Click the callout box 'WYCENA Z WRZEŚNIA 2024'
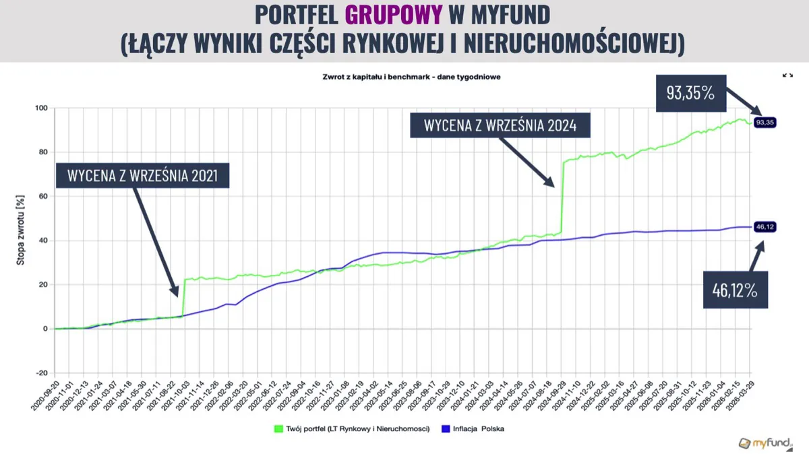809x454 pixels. (500, 126)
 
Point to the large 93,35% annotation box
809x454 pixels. (690, 93)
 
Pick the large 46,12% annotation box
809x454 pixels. (736, 290)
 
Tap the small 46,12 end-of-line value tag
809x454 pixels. (765, 227)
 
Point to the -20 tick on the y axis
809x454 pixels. (40, 373)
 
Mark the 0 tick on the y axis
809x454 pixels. (44, 329)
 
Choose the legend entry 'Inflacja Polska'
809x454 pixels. (475, 428)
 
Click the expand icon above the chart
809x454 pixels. (787, 75)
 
